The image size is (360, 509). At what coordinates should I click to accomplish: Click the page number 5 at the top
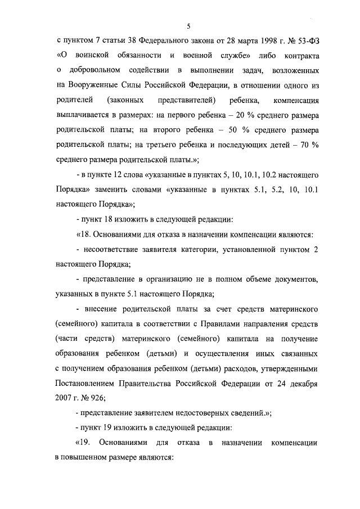click(190, 26)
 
